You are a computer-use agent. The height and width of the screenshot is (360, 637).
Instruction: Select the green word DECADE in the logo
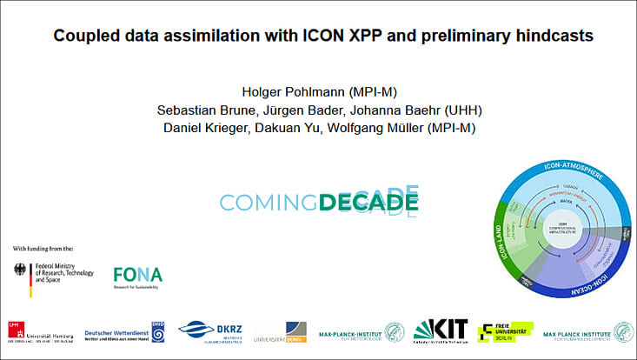pos(368,203)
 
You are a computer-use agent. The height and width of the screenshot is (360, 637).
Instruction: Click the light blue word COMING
pos(268,203)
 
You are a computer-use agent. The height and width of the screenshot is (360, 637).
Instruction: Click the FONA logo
pos(137,277)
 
